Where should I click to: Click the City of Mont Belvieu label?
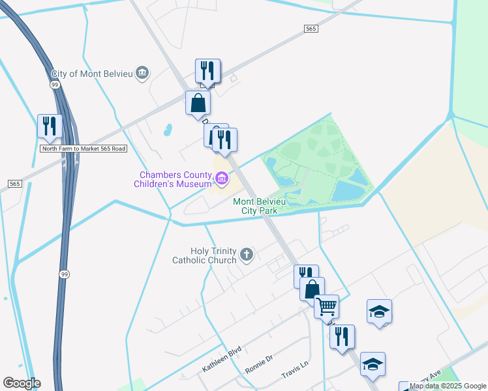click(x=92, y=73)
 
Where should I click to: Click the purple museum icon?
click(x=222, y=177)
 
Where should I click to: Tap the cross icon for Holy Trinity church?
click(x=247, y=255)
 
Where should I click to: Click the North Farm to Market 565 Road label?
click(x=83, y=149)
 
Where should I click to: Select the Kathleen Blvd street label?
click(x=222, y=359)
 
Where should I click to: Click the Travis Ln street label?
click(x=294, y=374)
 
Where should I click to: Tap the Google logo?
click(x=22, y=383)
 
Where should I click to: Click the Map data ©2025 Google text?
click(x=448, y=386)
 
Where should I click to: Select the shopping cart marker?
click(x=326, y=305)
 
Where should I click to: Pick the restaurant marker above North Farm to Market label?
click(x=50, y=126)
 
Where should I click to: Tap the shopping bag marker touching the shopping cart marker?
click(x=313, y=288)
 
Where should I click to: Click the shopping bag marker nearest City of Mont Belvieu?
click(x=198, y=103)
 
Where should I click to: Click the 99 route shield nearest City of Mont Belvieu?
click(x=55, y=85)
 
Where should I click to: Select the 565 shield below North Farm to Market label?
click(x=14, y=184)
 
